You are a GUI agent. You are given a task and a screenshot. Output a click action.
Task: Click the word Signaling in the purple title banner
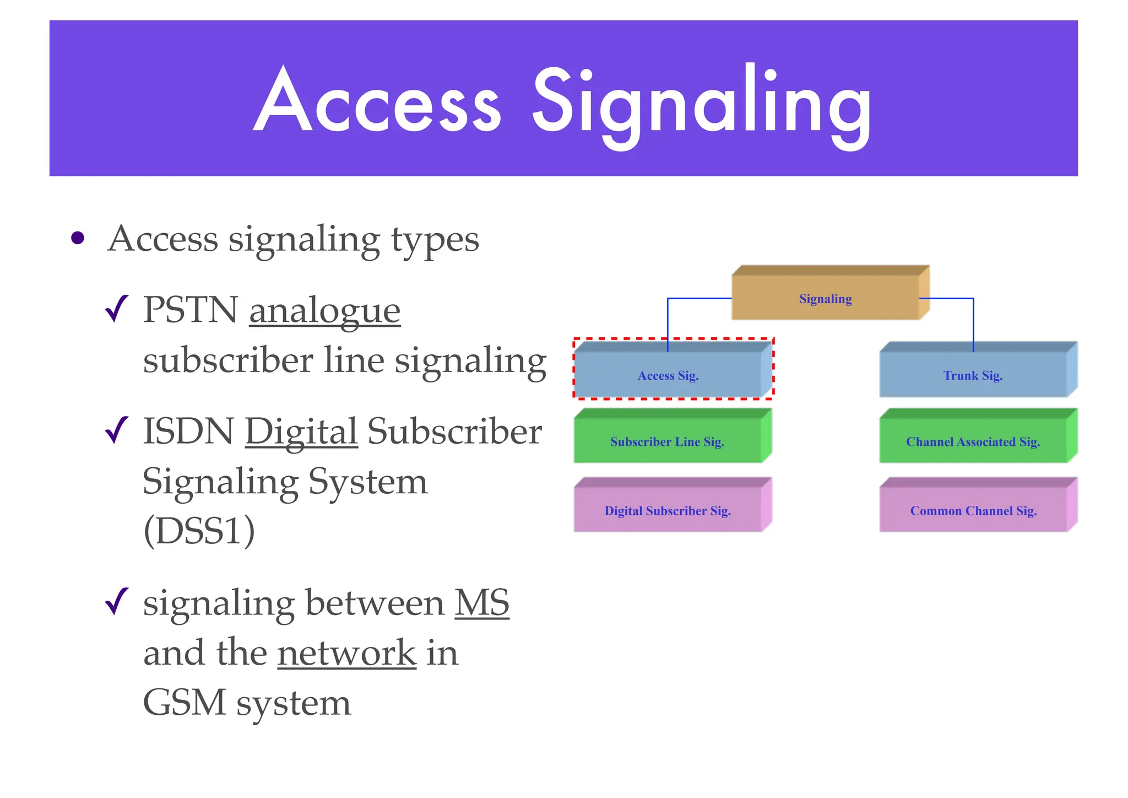tap(702, 105)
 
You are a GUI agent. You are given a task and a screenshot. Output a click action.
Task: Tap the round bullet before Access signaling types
tap(78, 238)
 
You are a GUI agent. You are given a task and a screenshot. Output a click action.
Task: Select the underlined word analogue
tap(324, 311)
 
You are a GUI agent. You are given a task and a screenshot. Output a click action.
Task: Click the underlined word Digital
tap(301, 432)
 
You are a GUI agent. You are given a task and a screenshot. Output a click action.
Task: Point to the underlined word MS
tap(481, 603)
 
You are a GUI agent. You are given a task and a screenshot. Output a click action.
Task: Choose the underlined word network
tap(346, 653)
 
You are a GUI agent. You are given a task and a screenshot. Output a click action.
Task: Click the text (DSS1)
tap(199, 531)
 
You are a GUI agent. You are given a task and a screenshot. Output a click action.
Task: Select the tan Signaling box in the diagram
tap(825, 298)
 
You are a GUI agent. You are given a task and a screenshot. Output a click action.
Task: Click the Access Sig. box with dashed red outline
tap(668, 375)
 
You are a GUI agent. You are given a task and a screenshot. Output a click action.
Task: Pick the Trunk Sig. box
tap(973, 375)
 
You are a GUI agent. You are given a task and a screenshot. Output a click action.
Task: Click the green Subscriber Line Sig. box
tap(667, 441)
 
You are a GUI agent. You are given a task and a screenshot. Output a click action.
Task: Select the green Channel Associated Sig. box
tap(973, 441)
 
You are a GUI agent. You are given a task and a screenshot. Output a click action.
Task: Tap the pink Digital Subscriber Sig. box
tap(668, 510)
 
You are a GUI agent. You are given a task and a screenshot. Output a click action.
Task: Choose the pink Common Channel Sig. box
tap(973, 510)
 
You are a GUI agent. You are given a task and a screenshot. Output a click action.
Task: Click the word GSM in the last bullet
tap(185, 703)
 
